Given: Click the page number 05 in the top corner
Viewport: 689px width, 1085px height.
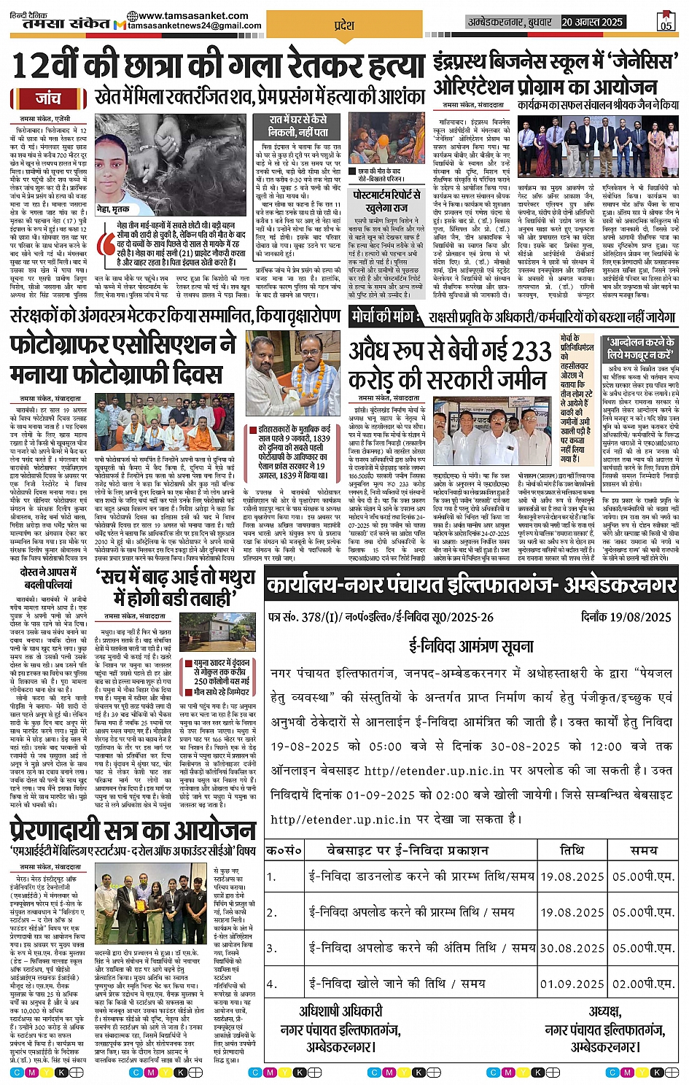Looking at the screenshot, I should pos(666,22).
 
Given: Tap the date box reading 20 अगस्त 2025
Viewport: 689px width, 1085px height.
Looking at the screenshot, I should pos(592,22).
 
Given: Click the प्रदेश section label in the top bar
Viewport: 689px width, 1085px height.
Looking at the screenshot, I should pos(343,25).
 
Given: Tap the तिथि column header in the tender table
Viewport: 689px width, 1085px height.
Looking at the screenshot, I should pos(572,850).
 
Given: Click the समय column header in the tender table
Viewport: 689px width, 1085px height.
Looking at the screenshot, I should pos(643,850).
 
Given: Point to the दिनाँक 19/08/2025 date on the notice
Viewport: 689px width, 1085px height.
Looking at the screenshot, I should pos(626,617).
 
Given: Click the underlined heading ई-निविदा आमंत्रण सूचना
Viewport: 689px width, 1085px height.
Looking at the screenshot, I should pos(471,645).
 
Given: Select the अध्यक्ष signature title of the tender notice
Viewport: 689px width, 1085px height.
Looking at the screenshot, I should pos(604,1011).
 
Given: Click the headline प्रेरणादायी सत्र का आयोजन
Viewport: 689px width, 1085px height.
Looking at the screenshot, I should pos(133,831).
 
